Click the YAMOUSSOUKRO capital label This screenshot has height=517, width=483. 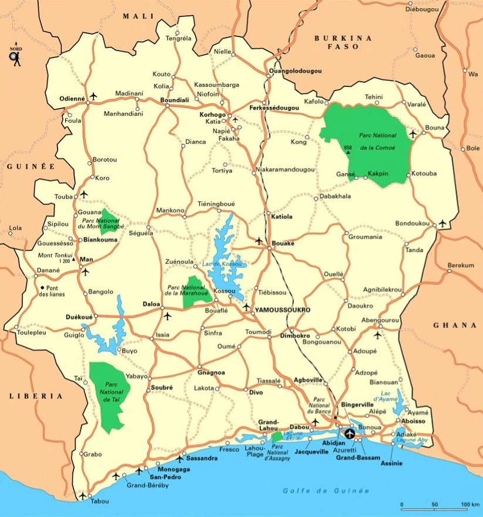click(283, 309)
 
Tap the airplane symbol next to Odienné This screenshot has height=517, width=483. click(94, 96)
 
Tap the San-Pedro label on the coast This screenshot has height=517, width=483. click(167, 478)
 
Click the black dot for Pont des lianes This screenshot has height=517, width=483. click(42, 287)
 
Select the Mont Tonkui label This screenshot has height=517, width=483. click(55, 256)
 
